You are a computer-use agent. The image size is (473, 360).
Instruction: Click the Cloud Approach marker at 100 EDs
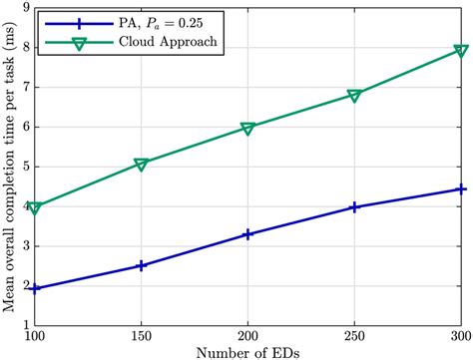click(35, 207)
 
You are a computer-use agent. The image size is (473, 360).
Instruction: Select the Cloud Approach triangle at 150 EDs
click(141, 164)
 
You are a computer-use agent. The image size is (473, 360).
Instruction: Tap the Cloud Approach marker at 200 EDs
click(248, 128)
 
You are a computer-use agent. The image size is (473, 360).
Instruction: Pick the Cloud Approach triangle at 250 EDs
click(355, 96)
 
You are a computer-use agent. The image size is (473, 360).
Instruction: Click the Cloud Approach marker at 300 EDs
click(461, 50)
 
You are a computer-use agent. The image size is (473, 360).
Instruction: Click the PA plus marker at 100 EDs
click(35, 288)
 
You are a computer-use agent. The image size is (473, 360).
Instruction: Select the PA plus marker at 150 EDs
click(141, 265)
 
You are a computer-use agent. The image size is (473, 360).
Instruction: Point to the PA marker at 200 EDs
click(248, 233)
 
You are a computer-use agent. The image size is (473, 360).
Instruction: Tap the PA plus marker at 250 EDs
click(355, 206)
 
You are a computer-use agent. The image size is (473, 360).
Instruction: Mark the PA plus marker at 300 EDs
click(461, 188)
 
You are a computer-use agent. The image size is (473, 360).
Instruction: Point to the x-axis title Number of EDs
click(248, 350)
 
